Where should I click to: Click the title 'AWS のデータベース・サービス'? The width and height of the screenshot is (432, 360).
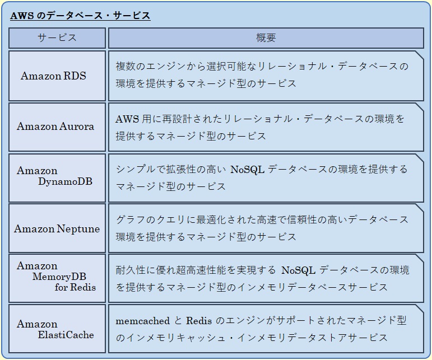[x=80, y=16]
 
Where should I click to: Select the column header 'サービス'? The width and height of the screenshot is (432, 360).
[x=57, y=38]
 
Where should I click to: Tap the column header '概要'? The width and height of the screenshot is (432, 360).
[x=266, y=38]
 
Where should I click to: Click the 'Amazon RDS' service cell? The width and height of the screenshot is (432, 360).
[x=53, y=76]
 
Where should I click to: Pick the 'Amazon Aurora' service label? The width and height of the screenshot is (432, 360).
[x=55, y=127]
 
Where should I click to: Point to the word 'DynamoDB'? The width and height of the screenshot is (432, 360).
[x=66, y=181]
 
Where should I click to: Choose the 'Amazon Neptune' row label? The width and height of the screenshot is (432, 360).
[x=57, y=229]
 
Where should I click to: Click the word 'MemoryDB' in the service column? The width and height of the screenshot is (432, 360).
[x=59, y=277]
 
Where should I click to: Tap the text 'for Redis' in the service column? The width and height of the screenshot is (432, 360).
[x=75, y=287]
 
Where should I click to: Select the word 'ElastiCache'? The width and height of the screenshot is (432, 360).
[x=66, y=335]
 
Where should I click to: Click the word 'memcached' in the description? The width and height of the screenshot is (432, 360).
[x=143, y=321]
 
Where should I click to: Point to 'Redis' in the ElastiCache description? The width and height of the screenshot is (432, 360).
[x=199, y=321]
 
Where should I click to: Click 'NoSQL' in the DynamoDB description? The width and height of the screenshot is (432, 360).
[x=248, y=169]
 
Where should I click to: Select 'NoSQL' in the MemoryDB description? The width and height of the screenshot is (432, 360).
[x=299, y=270]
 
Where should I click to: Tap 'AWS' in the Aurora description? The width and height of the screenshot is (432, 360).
[x=127, y=119]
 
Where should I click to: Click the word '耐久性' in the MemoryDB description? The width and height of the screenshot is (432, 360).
[x=131, y=270]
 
